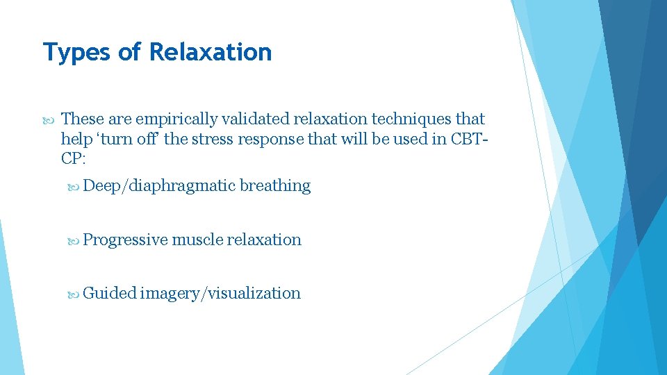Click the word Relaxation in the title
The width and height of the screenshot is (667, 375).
tap(211, 52)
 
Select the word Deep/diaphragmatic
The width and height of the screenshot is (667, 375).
tap(159, 186)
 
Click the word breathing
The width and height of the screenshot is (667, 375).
tap(275, 186)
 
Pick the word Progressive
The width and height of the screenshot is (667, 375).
tap(125, 240)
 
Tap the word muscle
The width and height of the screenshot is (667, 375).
tap(197, 240)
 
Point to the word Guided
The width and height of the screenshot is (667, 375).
tap(109, 293)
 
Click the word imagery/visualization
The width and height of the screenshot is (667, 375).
tap(220, 293)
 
